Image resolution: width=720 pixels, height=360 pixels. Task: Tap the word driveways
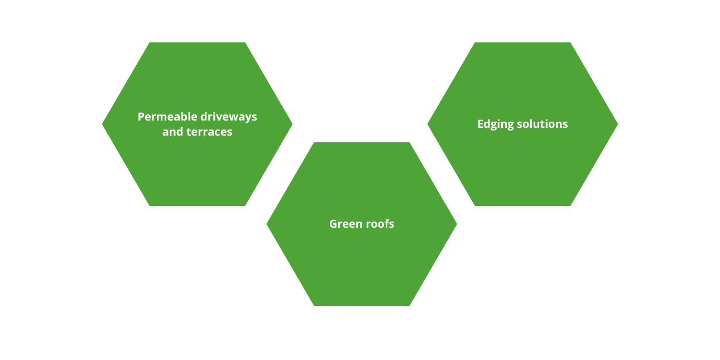[229, 117]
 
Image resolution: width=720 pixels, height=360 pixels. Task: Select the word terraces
[209, 132]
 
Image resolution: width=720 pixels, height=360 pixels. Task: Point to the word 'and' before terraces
[172, 132]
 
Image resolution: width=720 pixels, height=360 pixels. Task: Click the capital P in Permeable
[141, 117]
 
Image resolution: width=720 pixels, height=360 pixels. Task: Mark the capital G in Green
[333, 224]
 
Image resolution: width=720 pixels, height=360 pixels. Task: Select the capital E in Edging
[481, 124]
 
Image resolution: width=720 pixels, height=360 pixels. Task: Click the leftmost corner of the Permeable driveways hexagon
[102, 124]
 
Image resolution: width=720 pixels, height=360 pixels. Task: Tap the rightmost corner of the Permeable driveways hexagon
[292, 124]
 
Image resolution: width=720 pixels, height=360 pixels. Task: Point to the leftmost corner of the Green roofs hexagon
[267, 224]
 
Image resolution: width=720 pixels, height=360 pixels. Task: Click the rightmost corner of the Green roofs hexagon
[457, 224]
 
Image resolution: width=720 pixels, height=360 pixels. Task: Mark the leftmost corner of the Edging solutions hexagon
[428, 124]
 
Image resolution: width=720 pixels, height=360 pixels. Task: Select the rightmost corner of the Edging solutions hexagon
[618, 124]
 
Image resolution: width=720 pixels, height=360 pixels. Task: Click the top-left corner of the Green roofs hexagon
[314, 142]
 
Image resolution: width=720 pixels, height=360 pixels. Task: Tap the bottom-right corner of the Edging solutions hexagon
[570, 206]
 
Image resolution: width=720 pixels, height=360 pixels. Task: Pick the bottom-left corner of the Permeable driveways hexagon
[150, 206]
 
